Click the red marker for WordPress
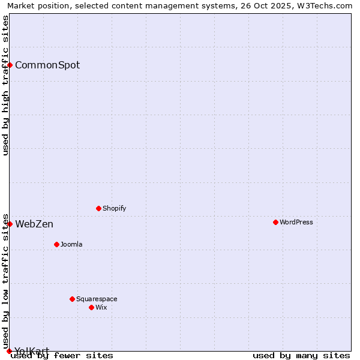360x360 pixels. [x=275, y=222]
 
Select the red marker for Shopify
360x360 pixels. [x=98, y=208]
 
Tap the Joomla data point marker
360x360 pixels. [x=56, y=244]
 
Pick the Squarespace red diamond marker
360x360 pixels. [x=72, y=299]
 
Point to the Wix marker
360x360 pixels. [x=91, y=307]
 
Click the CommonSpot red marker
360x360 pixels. [x=10, y=65]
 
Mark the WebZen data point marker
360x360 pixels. [x=10, y=224]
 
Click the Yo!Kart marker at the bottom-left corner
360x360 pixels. [x=9, y=351]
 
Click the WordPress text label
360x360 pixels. [x=296, y=222]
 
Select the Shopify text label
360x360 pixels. [x=114, y=208]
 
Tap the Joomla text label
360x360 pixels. [x=71, y=244]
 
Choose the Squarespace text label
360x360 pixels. [x=97, y=299]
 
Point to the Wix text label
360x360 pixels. [x=101, y=307]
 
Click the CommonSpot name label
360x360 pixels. [x=47, y=65]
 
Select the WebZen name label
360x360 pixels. [x=34, y=224]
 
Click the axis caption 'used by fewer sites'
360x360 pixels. [x=62, y=356]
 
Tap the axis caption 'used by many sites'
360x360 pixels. [x=301, y=356]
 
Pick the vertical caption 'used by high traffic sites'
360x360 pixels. [x=6, y=85]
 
